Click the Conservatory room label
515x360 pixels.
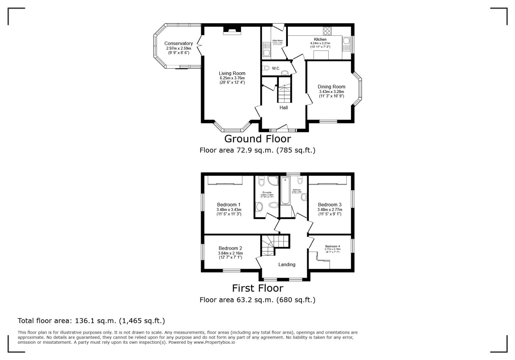point(178,43)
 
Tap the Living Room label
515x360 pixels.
point(232,73)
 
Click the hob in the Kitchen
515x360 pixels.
point(327,31)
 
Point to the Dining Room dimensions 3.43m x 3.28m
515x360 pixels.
point(331,92)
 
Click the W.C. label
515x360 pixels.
point(276,68)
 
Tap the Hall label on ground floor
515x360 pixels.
point(284,108)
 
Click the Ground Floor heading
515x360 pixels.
point(257,139)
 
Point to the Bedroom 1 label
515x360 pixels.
point(228,205)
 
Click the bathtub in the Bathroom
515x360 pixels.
point(285,191)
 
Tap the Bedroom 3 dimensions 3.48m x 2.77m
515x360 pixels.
point(330,210)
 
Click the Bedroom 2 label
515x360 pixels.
point(230,248)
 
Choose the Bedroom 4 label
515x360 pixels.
point(333,246)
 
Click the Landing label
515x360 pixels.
point(287,264)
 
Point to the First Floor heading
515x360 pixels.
point(257,288)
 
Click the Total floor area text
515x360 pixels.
point(91,321)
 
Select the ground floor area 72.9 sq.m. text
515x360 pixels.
point(257,150)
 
